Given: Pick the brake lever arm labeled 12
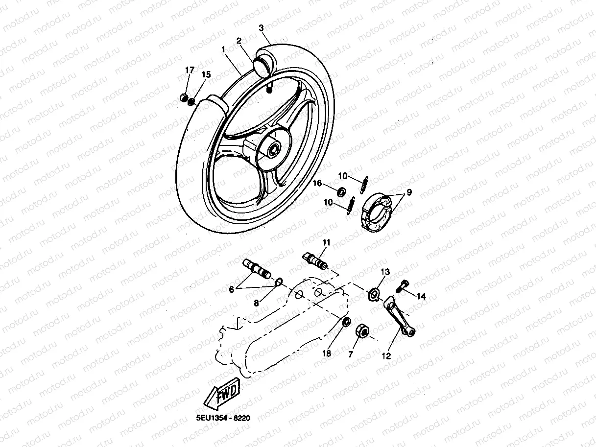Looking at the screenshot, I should point(400,317).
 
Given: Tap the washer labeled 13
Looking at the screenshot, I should point(375,294).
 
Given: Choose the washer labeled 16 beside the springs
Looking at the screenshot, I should point(341,189).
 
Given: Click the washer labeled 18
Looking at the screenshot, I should point(345,322).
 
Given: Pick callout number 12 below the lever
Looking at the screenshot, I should point(386,356).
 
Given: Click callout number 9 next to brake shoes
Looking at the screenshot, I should point(409,192).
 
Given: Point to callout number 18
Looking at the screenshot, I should point(327,353).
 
